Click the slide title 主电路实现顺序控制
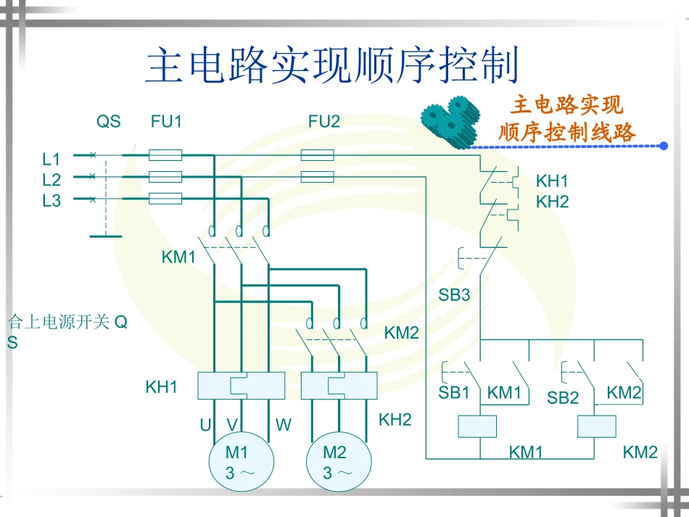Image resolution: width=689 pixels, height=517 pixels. click(x=333, y=66)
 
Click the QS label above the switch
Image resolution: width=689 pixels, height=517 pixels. click(x=109, y=122)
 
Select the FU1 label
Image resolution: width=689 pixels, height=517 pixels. click(x=166, y=122)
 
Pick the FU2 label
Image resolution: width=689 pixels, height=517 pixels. click(x=324, y=122)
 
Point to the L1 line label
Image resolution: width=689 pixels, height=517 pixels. click(x=51, y=159)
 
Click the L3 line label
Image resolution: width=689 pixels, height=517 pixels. click(x=51, y=201)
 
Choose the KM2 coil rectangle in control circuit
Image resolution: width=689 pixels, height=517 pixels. click(x=597, y=427)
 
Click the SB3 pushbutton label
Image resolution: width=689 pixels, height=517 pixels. click(x=454, y=295)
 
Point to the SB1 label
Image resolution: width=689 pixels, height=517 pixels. click(x=454, y=394)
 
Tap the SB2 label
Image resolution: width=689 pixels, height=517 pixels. click(x=563, y=397)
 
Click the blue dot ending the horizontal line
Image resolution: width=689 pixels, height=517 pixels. click(x=664, y=146)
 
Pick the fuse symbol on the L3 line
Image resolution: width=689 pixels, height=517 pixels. click(x=165, y=199)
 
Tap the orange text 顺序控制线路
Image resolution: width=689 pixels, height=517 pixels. click(x=566, y=133)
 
